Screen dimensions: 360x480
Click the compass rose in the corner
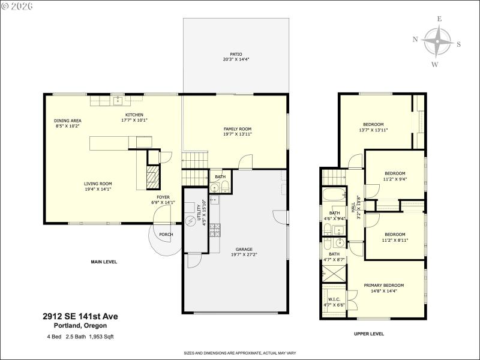tap(437, 42)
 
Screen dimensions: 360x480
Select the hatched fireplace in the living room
tap(154, 178)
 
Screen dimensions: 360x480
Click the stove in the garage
tap(215, 229)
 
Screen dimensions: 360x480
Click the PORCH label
tap(166, 235)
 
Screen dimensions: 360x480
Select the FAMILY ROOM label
tap(238, 129)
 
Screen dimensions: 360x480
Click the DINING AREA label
tap(68, 121)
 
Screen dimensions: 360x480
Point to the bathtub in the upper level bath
tap(332, 196)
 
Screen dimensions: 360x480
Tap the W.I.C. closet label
tap(334, 299)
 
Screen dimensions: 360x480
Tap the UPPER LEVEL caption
tap(369, 334)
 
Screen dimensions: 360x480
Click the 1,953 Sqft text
tap(100, 337)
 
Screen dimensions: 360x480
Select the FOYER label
tap(163, 197)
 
